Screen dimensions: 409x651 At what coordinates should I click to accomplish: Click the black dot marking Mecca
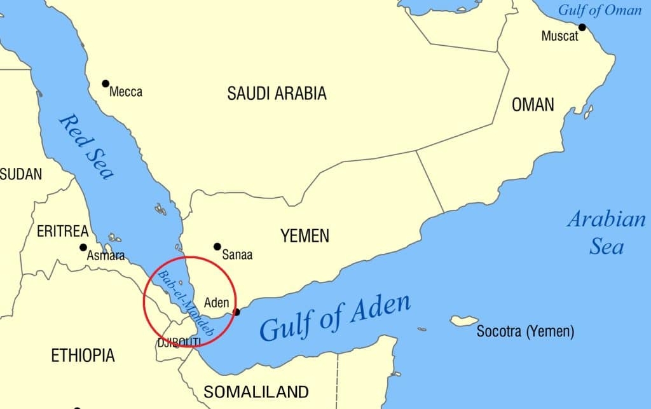[106, 83]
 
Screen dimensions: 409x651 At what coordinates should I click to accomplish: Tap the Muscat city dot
[582, 27]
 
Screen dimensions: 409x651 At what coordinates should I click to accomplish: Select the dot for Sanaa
[217, 246]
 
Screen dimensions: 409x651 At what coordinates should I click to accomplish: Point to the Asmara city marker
[83, 247]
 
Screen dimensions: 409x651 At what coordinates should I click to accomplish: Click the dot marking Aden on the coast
[237, 312]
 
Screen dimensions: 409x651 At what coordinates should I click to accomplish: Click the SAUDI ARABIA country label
[277, 94]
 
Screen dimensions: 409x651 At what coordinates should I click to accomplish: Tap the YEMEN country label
[305, 236]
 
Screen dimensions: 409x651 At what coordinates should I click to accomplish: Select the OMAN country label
[533, 104]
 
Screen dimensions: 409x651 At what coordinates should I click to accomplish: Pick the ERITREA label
[63, 232]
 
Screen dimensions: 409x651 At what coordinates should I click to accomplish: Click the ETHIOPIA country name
[83, 355]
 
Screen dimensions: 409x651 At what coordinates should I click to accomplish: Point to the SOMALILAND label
[256, 391]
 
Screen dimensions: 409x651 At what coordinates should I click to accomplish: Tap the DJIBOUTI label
[179, 343]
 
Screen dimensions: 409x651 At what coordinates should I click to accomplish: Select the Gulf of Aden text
[335, 317]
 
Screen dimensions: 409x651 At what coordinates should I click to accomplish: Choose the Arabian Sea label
[606, 233]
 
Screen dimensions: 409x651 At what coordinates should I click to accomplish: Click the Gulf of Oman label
[600, 10]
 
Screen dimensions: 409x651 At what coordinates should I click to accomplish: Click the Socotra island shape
[464, 320]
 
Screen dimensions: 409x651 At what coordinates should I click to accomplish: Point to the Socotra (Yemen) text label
[525, 331]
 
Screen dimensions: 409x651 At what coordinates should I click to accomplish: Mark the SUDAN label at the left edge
[21, 174]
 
